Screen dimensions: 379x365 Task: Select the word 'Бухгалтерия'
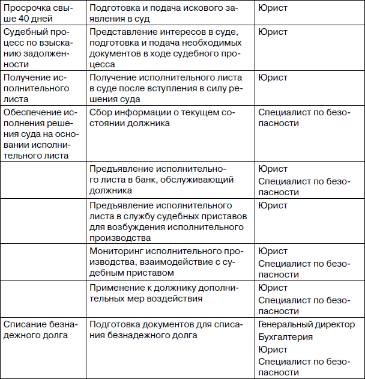[286, 336]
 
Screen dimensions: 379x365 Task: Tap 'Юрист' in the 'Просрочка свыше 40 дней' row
[273, 8]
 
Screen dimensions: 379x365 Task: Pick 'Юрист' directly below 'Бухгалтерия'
[273, 349]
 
